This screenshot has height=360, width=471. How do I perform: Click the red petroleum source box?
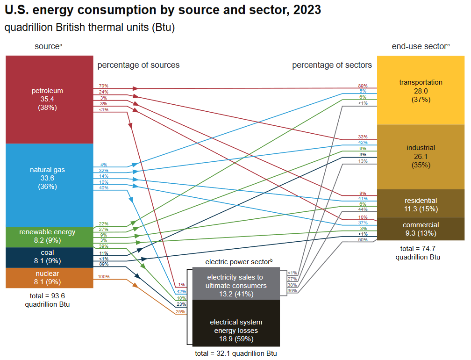point(49,99)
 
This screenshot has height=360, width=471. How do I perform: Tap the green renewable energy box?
point(49,237)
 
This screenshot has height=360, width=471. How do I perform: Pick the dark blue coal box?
point(49,257)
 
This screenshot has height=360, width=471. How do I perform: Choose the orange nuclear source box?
point(49,278)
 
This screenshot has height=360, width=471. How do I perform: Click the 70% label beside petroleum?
point(103,86)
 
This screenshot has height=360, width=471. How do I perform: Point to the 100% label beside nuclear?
point(103,277)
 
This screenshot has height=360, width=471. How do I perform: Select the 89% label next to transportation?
point(363,86)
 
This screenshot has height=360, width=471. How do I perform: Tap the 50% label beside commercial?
point(363,240)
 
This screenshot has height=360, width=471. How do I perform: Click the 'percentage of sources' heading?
point(138,65)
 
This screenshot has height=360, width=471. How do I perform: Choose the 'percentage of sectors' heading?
point(332,65)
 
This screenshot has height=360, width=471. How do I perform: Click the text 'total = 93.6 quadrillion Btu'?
point(49,300)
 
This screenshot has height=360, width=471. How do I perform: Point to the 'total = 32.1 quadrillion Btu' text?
point(236,353)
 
